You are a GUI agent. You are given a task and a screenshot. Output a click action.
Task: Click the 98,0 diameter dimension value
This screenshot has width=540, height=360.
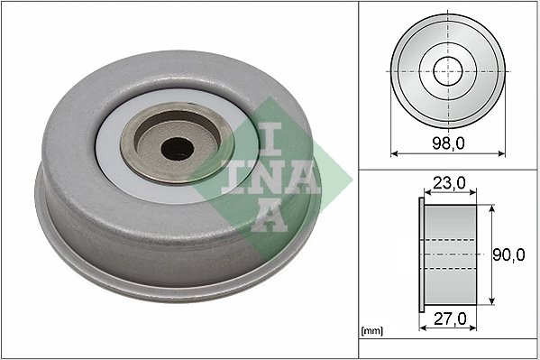point(447,143)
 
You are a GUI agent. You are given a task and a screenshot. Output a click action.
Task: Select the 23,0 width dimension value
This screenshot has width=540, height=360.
point(448,183)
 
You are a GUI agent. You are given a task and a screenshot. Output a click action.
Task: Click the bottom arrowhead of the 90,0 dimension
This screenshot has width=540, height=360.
point(492,302)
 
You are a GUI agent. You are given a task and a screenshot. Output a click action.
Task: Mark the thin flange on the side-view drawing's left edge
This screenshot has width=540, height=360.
point(421,255)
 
